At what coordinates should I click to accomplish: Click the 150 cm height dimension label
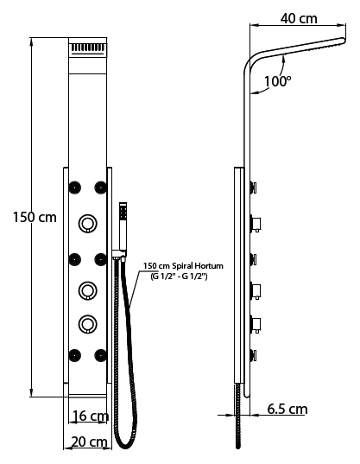tap(35, 218)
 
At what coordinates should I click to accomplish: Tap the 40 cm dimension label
tap(299, 19)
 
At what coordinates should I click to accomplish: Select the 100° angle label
tap(277, 81)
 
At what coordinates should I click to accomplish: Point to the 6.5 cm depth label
tap(287, 409)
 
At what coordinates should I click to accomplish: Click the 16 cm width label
tap(91, 416)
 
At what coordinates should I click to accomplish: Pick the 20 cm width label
tap(90, 442)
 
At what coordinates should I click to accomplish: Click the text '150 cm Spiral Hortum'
tap(183, 266)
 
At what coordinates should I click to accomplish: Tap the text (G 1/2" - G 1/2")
tap(179, 276)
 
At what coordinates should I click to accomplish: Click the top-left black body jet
tap(75, 188)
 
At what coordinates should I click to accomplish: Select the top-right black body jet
tap(100, 188)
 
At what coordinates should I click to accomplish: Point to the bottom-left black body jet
tap(75, 355)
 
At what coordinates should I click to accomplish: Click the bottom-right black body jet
tap(100, 355)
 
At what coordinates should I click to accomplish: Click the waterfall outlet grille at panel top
tap(88, 48)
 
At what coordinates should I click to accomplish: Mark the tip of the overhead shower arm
tap(344, 41)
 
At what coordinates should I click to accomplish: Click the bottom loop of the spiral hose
tap(125, 446)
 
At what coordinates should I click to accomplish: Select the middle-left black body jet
tap(75, 259)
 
